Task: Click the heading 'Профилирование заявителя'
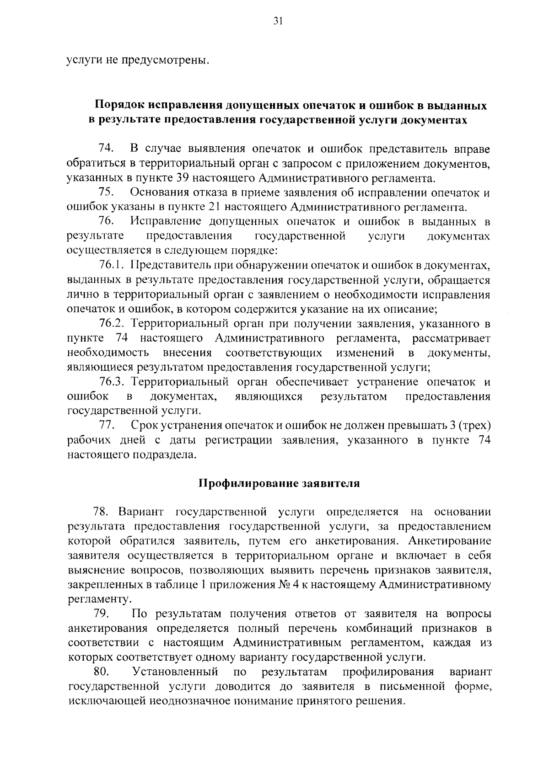point(279,484)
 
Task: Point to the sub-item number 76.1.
point(112,266)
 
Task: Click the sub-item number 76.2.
point(112,324)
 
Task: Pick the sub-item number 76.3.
point(112,382)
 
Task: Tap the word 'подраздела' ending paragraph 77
point(158,455)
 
